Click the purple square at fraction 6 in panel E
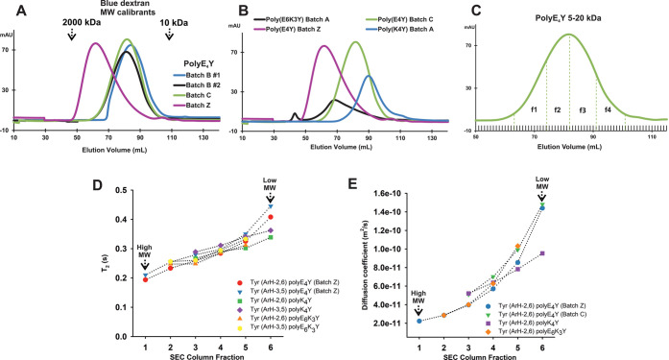pyautogui.click(x=543, y=253)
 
